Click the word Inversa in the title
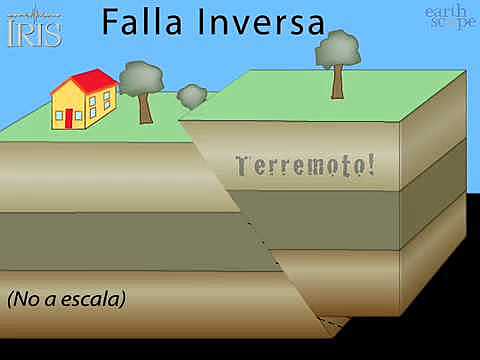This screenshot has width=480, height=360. (x=261, y=21)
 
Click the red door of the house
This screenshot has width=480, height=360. (x=69, y=118)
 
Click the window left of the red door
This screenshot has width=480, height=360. (x=57, y=112)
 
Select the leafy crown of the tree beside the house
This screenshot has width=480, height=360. (x=141, y=78)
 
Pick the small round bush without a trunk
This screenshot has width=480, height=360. (x=191, y=96)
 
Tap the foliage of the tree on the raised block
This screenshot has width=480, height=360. (x=337, y=49)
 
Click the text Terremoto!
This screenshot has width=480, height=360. (x=304, y=165)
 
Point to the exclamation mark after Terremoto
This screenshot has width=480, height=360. (x=372, y=164)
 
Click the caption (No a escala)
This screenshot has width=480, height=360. (x=66, y=299)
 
